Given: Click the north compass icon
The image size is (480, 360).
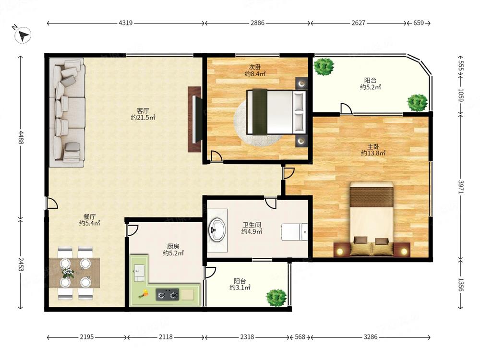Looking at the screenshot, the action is (x=23, y=35).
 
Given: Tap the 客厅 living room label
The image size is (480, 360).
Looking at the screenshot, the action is (x=143, y=110).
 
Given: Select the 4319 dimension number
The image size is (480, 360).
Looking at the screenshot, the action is (x=125, y=23).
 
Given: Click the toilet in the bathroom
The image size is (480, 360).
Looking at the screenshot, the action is (x=295, y=232).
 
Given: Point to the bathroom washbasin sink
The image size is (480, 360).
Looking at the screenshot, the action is (x=217, y=229).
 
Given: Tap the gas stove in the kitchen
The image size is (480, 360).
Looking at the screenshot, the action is (x=167, y=295).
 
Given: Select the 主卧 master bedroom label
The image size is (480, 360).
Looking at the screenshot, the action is (x=373, y=146).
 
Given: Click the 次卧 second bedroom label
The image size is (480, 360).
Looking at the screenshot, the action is (x=255, y=67).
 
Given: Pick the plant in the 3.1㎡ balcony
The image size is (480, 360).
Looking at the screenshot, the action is (x=276, y=298).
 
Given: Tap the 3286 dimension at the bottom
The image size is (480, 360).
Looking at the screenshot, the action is (x=371, y=337).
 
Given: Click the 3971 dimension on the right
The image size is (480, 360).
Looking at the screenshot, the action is (x=461, y=187).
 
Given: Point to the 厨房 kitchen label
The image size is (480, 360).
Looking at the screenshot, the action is (x=173, y=246).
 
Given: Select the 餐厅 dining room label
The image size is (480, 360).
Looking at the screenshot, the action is (x=89, y=216).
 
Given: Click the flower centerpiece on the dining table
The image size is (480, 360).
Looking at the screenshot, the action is (x=68, y=273).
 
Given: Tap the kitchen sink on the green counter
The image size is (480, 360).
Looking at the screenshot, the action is (x=139, y=273).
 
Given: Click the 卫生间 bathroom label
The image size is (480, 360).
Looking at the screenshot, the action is (x=252, y=225).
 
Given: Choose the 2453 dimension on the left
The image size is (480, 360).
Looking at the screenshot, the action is (x=20, y=264).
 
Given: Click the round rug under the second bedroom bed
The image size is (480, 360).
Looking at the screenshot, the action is (x=258, y=122).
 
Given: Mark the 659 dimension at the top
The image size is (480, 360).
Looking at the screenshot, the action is (x=419, y=23).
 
